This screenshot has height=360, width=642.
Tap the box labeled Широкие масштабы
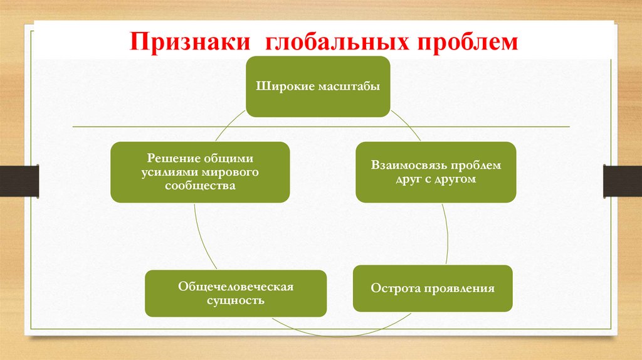pyautogui.click(x=317, y=87)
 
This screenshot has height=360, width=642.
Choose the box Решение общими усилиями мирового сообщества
pyautogui.click(x=200, y=172)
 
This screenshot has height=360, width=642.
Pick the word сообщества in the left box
pyautogui.click(x=200, y=186)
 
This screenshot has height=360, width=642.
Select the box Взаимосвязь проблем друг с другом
pyautogui.click(x=436, y=172)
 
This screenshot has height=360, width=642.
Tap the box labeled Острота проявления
pyautogui.click(x=433, y=289)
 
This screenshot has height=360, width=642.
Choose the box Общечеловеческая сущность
pyautogui.click(x=236, y=293)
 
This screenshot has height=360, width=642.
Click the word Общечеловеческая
pyautogui.click(x=236, y=287)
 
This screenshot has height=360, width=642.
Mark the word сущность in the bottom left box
pyautogui.click(x=236, y=300)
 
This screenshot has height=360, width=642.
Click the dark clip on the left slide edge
pyautogui.click(x=19, y=181)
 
